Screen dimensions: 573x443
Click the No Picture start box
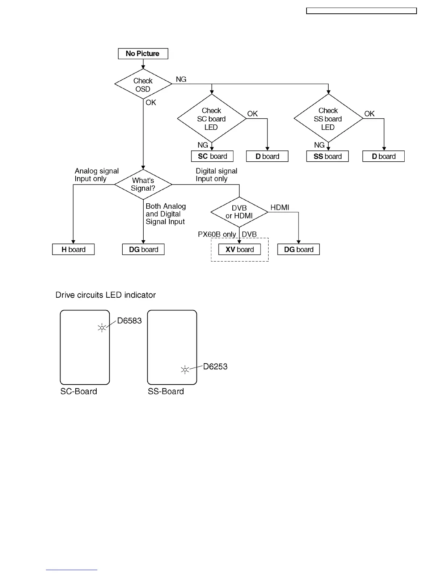[x=143, y=54]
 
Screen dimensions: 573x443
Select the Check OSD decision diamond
[x=143, y=84]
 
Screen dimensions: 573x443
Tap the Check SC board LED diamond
[x=211, y=119]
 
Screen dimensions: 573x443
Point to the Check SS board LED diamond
[x=328, y=119]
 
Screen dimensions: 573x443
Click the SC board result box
[x=212, y=156]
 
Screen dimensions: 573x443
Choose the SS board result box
[x=327, y=156]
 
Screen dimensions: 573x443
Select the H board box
[x=73, y=250]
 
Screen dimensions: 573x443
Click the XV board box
[x=239, y=250]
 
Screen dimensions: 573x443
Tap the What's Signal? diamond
[x=143, y=184]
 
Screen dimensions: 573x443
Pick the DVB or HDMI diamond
[x=239, y=212]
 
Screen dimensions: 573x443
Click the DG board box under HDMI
[x=298, y=250]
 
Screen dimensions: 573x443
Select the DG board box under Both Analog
[x=143, y=250]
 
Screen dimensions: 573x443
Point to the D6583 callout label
[x=129, y=321]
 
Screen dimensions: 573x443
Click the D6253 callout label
[x=215, y=366]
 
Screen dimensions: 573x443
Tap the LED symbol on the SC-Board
[x=102, y=328]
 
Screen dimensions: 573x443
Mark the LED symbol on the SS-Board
[x=185, y=370]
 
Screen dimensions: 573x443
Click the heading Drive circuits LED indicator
[x=105, y=295]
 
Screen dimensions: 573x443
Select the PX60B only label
[x=217, y=234]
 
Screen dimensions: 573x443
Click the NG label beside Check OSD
[x=181, y=79]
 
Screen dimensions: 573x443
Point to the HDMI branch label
[x=280, y=207]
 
